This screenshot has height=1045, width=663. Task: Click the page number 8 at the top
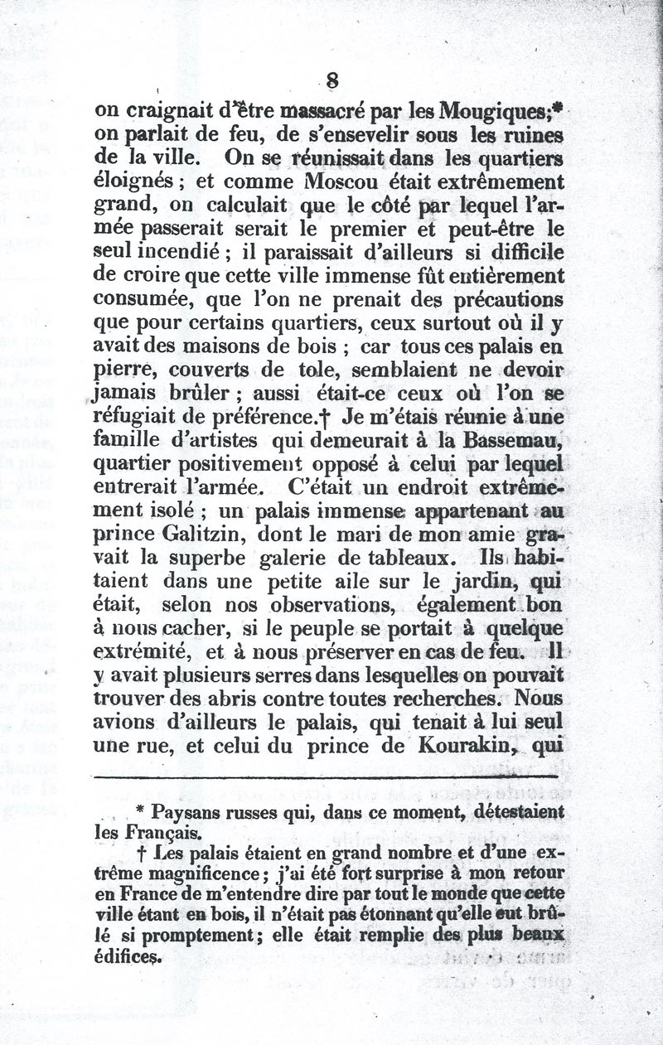click(x=333, y=80)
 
